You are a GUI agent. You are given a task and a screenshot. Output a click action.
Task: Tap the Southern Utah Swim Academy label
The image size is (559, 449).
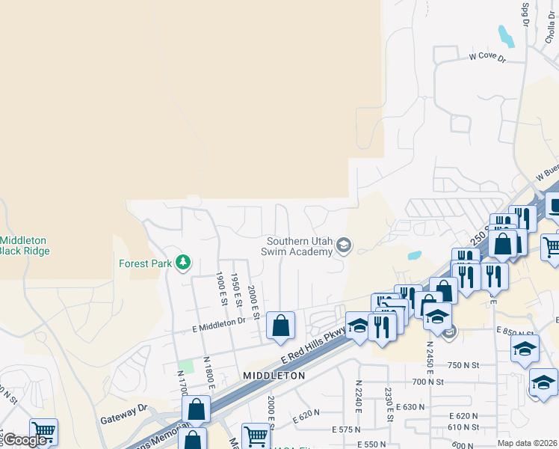(300, 246)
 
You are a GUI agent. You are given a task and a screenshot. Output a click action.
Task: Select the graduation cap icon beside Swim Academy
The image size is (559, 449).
(344, 245)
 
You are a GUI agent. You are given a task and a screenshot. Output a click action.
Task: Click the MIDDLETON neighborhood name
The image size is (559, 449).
(274, 375)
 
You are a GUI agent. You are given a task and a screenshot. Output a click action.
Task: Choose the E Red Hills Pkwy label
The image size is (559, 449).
(315, 347)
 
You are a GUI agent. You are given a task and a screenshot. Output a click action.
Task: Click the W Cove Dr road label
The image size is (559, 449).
(487, 57)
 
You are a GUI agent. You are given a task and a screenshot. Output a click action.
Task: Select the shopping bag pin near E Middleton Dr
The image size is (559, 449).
(280, 326)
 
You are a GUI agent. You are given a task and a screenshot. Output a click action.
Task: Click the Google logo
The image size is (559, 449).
(25, 440)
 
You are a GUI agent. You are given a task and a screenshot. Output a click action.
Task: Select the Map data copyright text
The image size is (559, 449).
(528, 443)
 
